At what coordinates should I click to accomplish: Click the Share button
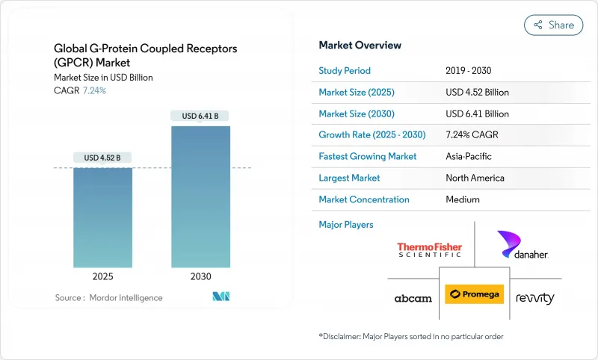(x=554, y=25)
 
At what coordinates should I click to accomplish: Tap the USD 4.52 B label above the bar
(x=102, y=157)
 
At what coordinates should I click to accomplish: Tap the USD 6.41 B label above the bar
(x=200, y=116)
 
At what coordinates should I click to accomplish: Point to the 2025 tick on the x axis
(x=102, y=276)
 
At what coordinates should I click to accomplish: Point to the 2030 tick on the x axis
(x=200, y=276)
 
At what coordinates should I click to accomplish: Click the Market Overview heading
(x=360, y=46)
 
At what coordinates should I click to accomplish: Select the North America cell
(x=475, y=178)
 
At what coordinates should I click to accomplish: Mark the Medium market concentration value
(x=463, y=199)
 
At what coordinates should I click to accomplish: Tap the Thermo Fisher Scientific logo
(x=429, y=250)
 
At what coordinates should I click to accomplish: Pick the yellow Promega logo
(x=474, y=295)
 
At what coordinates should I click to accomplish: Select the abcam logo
(x=413, y=298)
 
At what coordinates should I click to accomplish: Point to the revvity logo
(x=535, y=298)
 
